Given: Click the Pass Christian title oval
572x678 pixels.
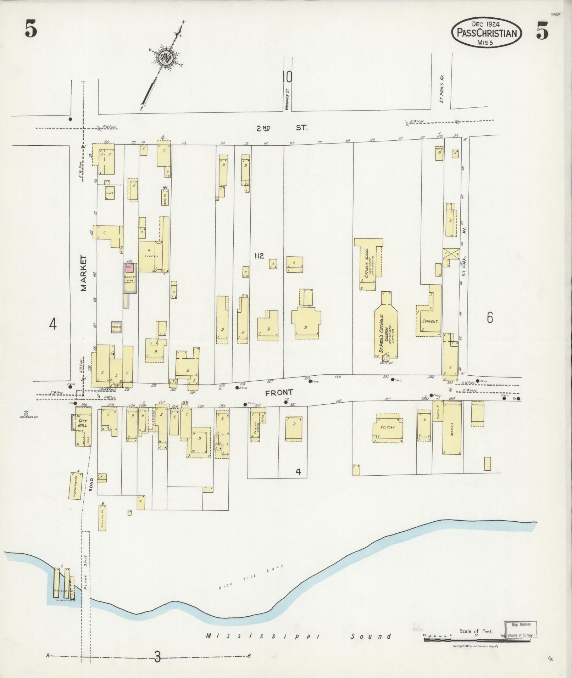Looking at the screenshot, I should [x=486, y=33].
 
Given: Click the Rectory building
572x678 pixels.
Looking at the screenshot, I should [x=387, y=427].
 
